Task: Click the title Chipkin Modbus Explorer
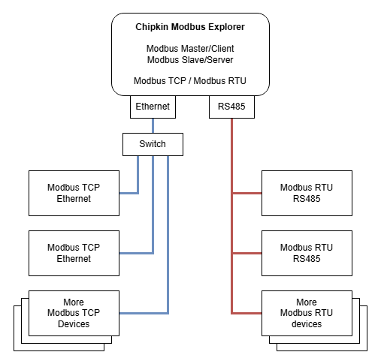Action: coord(189,27)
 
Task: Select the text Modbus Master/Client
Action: coord(189,49)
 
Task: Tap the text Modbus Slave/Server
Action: coord(189,60)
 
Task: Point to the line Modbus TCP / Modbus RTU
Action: coord(189,81)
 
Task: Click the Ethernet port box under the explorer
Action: coord(153,107)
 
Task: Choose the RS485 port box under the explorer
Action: coord(231,107)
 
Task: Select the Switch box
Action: coord(153,144)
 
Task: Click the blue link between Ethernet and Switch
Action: coord(153,125)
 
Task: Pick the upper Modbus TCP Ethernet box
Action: coord(74,193)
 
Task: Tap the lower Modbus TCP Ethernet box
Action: coord(74,253)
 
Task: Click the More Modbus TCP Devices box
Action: coord(74,313)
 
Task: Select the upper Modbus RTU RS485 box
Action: coord(306,193)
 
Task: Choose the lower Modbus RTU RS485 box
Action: coord(306,253)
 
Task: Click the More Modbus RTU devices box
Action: coord(306,313)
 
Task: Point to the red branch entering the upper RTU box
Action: coord(246,193)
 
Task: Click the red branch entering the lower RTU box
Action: coord(246,253)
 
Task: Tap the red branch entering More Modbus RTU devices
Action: coord(246,313)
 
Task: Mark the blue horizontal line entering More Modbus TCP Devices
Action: coord(143,313)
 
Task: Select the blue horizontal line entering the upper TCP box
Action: coord(129,193)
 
